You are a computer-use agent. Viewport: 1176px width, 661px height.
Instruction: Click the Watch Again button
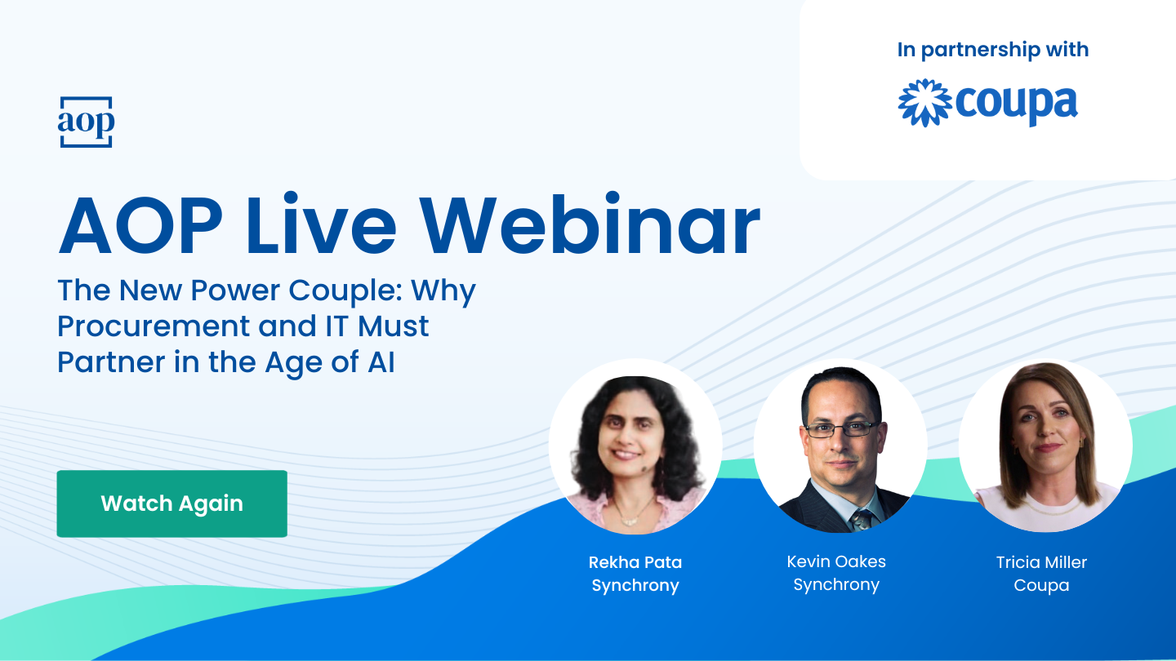pyautogui.click(x=171, y=504)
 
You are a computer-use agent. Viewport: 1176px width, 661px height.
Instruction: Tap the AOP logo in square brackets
pyautogui.click(x=86, y=122)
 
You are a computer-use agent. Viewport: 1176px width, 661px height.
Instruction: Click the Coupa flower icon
pyautogui.click(x=924, y=103)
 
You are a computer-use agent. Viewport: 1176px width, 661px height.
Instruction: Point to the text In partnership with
pyautogui.click(x=992, y=50)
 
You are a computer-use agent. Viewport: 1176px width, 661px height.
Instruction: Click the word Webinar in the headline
pyautogui.click(x=590, y=228)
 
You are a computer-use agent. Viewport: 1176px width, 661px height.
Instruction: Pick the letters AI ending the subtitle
pyautogui.click(x=380, y=362)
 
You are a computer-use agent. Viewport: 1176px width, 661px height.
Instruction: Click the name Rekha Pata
pyautogui.click(x=635, y=562)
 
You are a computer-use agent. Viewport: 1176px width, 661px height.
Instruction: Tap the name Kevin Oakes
pyautogui.click(x=835, y=561)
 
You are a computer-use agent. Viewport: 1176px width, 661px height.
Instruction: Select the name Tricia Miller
pyautogui.click(x=1041, y=562)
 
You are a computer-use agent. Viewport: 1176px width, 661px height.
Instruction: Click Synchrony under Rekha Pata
pyautogui.click(x=635, y=586)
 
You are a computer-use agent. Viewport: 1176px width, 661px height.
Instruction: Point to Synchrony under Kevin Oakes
pyautogui.click(x=835, y=585)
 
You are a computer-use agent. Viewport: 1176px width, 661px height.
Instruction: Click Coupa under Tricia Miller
pyautogui.click(x=1041, y=586)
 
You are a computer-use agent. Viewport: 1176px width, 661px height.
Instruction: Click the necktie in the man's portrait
pyautogui.click(x=861, y=520)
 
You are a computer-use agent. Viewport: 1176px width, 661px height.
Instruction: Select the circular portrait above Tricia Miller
pyautogui.click(x=1045, y=446)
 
